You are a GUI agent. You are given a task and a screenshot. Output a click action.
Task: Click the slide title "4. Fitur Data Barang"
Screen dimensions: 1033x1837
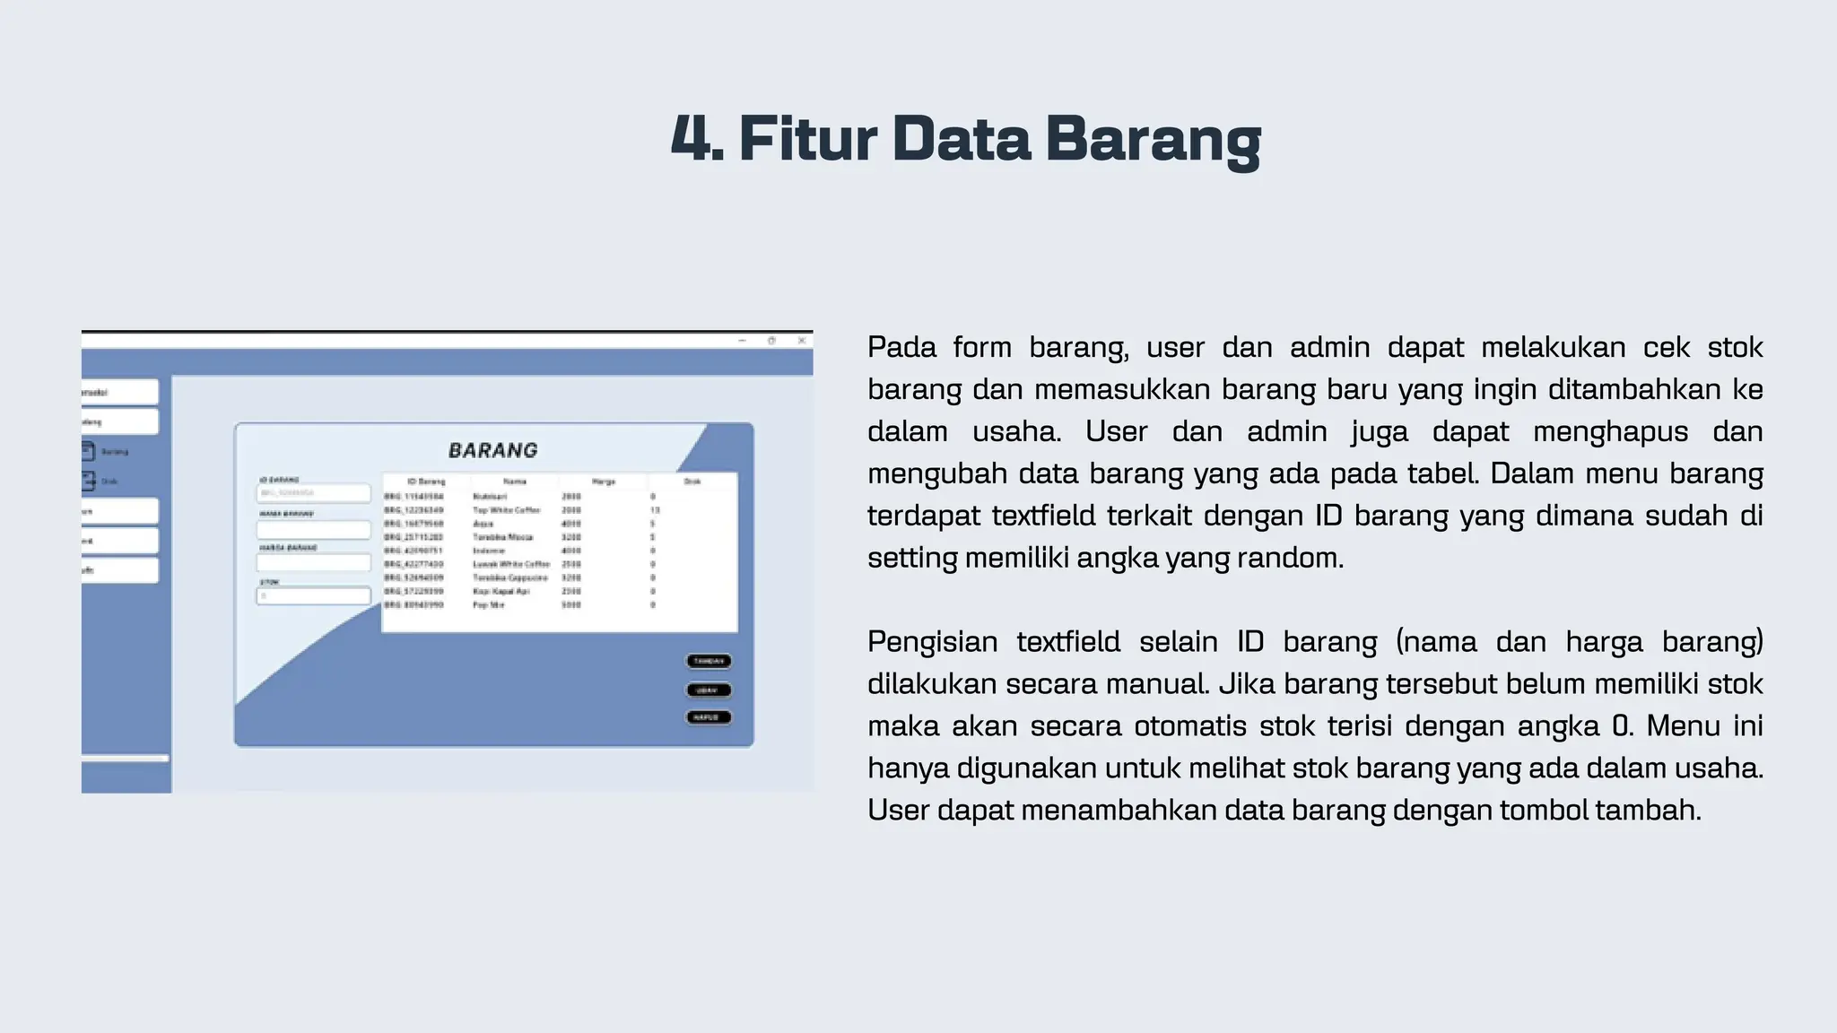[x=966, y=140]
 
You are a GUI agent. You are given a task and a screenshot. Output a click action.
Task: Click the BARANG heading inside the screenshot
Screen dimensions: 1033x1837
[x=493, y=450]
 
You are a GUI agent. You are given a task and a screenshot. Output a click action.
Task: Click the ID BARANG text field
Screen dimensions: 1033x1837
[x=313, y=493]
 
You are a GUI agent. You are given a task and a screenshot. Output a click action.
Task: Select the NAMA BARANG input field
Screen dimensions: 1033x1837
[x=313, y=529]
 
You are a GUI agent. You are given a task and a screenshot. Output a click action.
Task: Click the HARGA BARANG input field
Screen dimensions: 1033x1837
[x=313, y=562]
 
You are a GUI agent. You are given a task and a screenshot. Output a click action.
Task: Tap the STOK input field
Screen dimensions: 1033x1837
[x=313, y=595]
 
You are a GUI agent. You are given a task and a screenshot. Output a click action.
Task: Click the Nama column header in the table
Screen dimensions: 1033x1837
[x=515, y=482]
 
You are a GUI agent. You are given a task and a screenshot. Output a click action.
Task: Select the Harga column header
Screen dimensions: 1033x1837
[x=604, y=482]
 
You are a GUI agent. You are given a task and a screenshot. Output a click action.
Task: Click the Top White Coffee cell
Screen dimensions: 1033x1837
[x=507, y=510]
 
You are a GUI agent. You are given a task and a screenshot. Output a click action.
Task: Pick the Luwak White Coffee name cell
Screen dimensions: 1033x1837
[x=511, y=564]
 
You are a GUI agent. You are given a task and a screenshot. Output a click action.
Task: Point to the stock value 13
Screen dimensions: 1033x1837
[x=655, y=510]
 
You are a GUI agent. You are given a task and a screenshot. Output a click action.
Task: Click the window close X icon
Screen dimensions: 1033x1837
[x=802, y=341]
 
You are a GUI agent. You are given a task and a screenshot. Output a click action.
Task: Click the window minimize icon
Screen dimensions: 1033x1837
[x=742, y=341]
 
